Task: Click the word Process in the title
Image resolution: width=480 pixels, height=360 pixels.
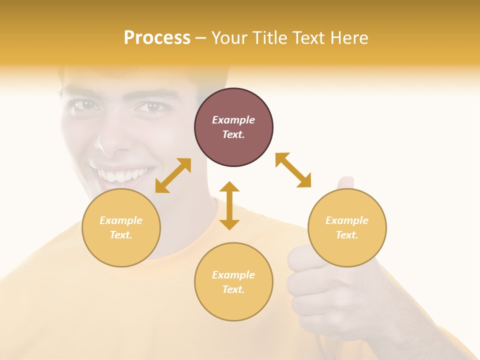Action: [157, 38]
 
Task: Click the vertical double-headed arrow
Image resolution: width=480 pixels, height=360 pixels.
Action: [229, 205]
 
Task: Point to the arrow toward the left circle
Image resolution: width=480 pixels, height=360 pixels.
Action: [173, 175]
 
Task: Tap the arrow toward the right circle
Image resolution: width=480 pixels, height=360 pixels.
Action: [293, 170]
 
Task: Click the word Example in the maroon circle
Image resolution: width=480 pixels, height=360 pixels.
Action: [233, 120]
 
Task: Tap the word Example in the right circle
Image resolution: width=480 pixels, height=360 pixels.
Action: [347, 220]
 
